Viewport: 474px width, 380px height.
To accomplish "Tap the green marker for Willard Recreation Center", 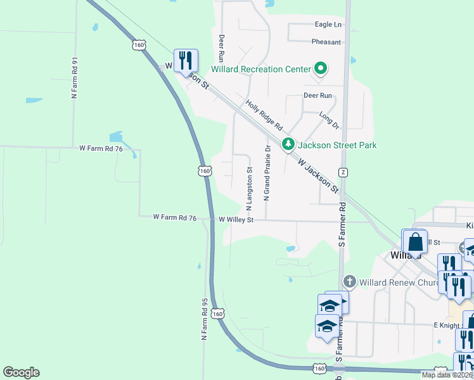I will (x=321, y=69).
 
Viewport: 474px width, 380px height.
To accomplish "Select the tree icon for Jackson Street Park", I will (x=288, y=145).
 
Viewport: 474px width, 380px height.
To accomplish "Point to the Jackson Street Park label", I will (x=337, y=145).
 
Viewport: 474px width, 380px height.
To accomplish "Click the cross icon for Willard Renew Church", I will (x=349, y=282).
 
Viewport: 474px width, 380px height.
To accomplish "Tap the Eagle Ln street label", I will (x=328, y=25).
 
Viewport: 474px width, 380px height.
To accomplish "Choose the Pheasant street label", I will (x=326, y=42).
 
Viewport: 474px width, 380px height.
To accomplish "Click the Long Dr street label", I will (x=330, y=118).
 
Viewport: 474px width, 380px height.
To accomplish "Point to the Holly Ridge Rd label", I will (x=263, y=116).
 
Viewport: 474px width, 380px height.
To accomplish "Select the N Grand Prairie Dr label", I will (x=267, y=173).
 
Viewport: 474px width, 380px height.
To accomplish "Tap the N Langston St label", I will (x=249, y=188).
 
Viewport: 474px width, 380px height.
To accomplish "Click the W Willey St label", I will (x=236, y=220).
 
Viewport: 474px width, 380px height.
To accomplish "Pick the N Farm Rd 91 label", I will (x=75, y=79).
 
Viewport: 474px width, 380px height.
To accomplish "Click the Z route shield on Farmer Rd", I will (x=343, y=172).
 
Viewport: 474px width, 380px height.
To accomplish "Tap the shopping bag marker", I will (x=416, y=242).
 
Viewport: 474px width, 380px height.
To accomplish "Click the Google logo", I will (x=21, y=372).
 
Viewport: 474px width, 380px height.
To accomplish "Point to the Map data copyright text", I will (x=447, y=375).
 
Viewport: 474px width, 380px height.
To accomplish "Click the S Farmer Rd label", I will (x=342, y=224).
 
